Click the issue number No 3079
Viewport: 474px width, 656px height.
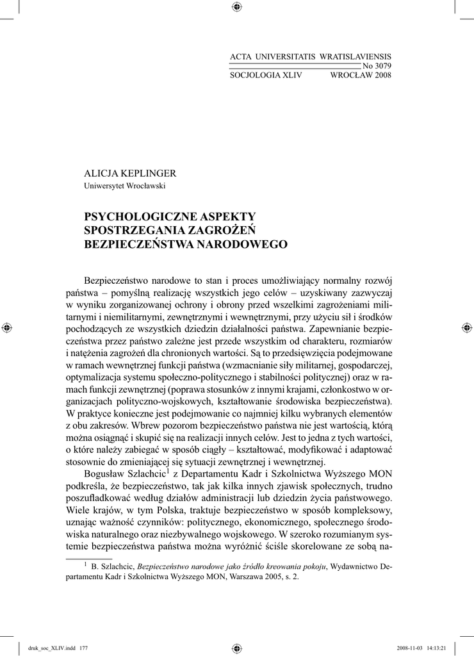pyautogui.click(x=377, y=66)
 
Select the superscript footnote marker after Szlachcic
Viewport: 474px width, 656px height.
pyautogui.click(x=168, y=471)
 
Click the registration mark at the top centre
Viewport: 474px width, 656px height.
pyautogui.click(x=236, y=7)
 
